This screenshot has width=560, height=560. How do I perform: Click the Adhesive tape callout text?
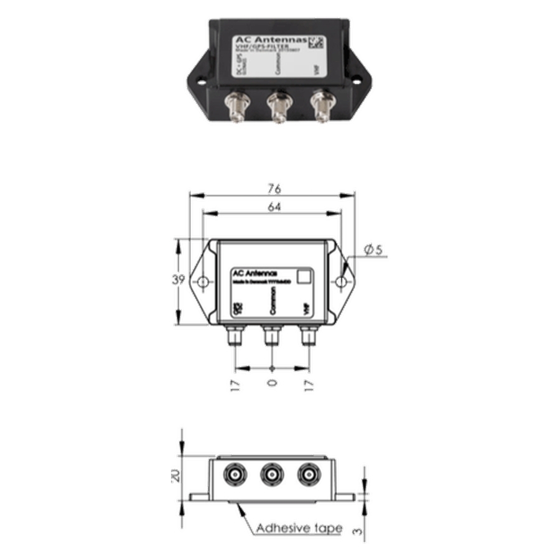(x=299, y=528)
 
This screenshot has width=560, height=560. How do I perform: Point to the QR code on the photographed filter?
(x=317, y=43)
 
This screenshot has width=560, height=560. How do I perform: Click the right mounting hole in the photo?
(x=357, y=80)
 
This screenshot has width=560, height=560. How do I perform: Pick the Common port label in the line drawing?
(x=271, y=304)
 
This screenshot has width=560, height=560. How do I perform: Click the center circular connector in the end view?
(x=271, y=476)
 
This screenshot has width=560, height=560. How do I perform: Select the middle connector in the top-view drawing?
(x=271, y=335)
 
